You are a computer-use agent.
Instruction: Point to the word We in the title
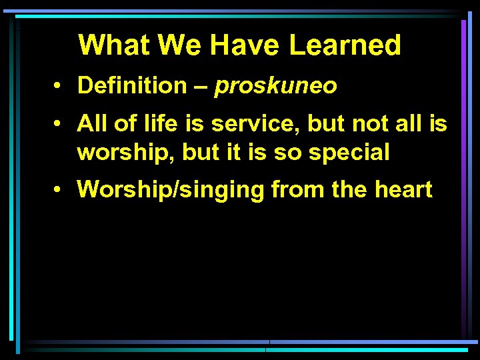(x=180, y=45)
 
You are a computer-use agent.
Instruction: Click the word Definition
(x=132, y=85)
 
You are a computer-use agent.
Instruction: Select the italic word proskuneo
(x=275, y=86)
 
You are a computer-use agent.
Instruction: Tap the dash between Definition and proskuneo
(x=201, y=86)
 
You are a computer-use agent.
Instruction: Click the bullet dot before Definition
(x=60, y=86)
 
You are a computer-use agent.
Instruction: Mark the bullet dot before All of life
(x=60, y=124)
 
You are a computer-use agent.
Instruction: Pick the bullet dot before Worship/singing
(x=60, y=190)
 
